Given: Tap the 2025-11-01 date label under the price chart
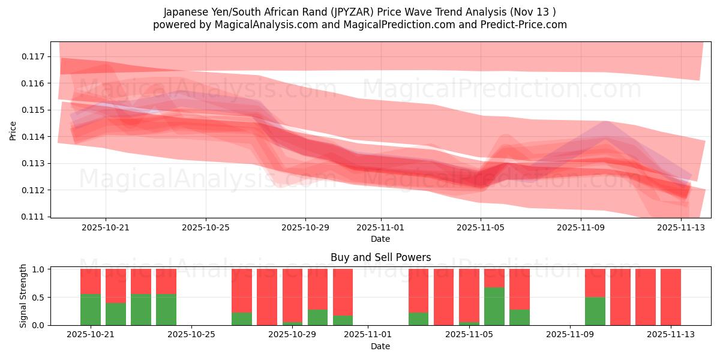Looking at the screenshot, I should [x=380, y=228].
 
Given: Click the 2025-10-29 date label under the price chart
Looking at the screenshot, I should [x=305, y=228].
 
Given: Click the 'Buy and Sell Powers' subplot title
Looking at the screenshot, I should [x=380, y=257].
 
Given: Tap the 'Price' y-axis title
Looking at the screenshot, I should [x=13, y=130].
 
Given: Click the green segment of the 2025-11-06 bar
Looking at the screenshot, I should [x=494, y=306].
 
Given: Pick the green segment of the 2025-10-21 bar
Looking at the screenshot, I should [x=91, y=310].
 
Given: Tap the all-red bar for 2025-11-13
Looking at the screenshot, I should [x=671, y=297].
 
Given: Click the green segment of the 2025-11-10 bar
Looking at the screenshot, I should [x=595, y=311].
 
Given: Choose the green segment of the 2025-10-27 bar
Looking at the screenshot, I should [x=242, y=319].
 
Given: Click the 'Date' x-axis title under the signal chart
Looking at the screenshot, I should [x=380, y=346].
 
